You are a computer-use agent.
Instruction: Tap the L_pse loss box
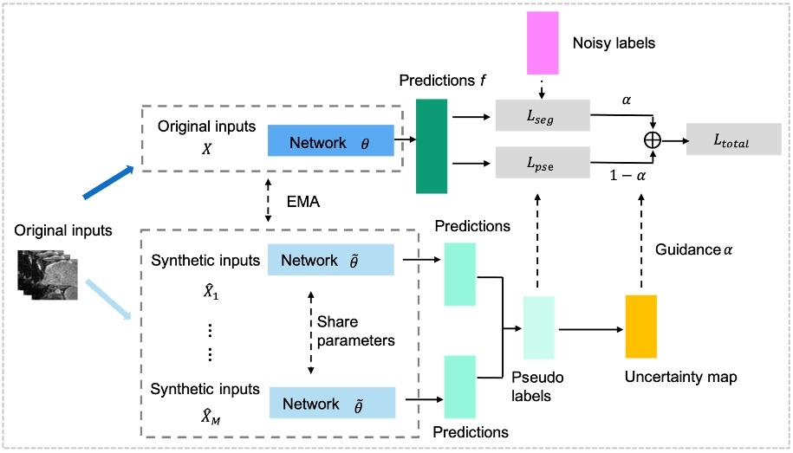click(x=542, y=162)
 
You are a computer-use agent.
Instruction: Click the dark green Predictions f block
click(x=432, y=146)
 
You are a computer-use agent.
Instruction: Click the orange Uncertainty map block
click(x=641, y=327)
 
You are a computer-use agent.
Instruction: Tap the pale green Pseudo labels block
click(x=538, y=327)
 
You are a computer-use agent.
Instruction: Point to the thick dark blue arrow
click(x=108, y=183)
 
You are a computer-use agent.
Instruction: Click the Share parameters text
click(x=356, y=331)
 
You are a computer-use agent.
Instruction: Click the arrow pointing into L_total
click(x=673, y=139)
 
